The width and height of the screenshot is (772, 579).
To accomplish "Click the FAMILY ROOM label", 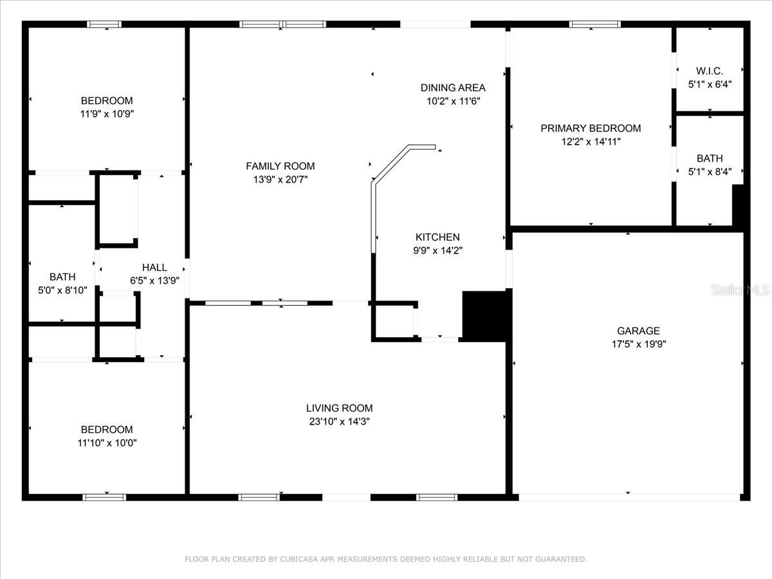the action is (x=280, y=166).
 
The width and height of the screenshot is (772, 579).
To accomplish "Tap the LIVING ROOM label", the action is (x=340, y=408).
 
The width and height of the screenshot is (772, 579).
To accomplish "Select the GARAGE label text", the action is (x=638, y=331).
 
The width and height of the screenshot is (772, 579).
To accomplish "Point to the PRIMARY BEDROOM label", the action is (x=591, y=128).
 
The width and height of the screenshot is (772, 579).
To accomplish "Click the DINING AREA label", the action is (x=453, y=87).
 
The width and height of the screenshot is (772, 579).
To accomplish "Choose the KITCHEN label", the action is (x=437, y=237).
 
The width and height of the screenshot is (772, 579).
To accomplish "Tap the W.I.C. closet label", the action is (x=710, y=71).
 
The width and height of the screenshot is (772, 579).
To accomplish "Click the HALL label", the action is (x=154, y=268).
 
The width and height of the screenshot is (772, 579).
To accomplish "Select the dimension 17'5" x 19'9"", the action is (x=639, y=344).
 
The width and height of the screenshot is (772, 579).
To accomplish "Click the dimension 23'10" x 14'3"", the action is (x=340, y=421).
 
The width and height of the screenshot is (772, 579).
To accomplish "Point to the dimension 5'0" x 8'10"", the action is (x=62, y=290).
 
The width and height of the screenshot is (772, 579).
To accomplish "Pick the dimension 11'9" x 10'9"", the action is (x=107, y=115).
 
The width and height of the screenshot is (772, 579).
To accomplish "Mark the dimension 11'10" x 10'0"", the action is (x=107, y=443).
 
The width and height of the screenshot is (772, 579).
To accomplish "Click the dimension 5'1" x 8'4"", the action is (x=710, y=172).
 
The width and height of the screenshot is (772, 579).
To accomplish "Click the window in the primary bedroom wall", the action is (x=595, y=24).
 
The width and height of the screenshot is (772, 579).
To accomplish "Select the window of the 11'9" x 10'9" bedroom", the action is (x=104, y=24).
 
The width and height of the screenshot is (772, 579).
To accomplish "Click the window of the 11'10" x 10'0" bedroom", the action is (x=104, y=497).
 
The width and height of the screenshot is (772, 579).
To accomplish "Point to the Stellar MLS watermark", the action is (x=740, y=290).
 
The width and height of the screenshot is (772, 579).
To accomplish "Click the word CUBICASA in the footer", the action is (x=299, y=559).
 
